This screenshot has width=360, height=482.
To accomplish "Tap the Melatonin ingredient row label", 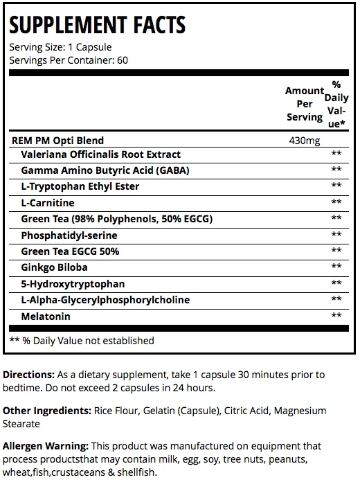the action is coord(46,316).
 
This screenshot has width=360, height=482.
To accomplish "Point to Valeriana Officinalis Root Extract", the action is coord(101,154).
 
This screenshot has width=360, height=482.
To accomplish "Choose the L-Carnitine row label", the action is coord(48,202).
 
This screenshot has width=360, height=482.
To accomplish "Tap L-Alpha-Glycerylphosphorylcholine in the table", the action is coord(105,299).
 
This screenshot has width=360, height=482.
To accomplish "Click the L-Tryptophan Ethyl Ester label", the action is coord(80,186).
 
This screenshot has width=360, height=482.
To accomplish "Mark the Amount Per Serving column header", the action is coord(304,104).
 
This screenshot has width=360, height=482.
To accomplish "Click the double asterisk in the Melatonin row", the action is coord(337,316).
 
